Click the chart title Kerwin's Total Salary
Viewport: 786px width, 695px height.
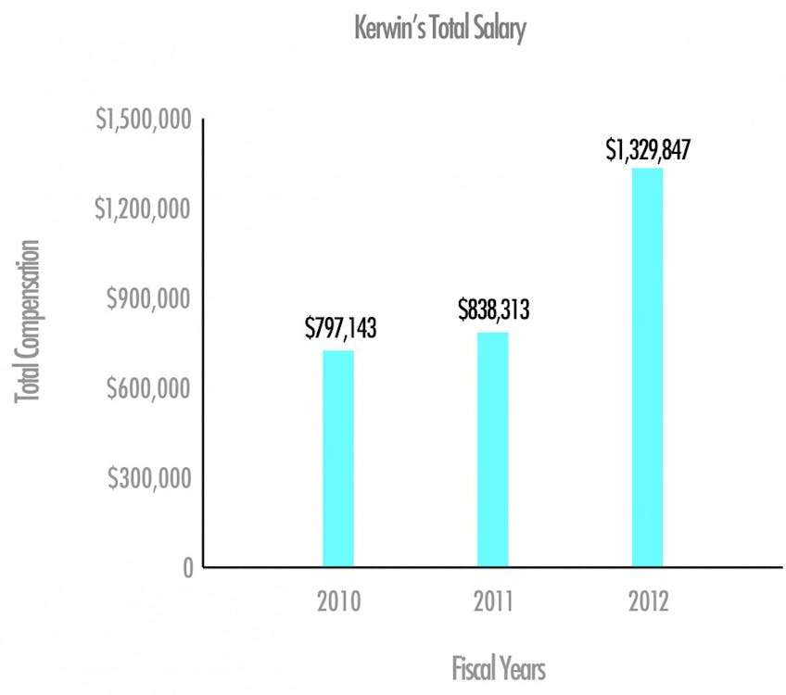pyautogui.click(x=439, y=30)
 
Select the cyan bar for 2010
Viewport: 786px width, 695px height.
pyautogui.click(x=338, y=459)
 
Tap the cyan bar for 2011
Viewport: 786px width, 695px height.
pyautogui.click(x=492, y=449)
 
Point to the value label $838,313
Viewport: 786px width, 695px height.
pyautogui.click(x=493, y=310)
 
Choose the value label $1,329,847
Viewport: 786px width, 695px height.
pyautogui.click(x=648, y=149)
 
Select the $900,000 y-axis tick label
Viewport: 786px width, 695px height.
pyautogui.click(x=149, y=299)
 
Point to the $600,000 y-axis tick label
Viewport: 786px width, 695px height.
pyautogui.click(x=149, y=388)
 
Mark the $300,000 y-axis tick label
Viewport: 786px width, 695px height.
pyautogui.click(x=149, y=478)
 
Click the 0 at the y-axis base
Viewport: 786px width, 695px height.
pyautogui.click(x=185, y=567)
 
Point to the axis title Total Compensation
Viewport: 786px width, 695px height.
pyautogui.click(x=29, y=322)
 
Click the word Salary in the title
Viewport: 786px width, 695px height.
pyautogui.click(x=500, y=30)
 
